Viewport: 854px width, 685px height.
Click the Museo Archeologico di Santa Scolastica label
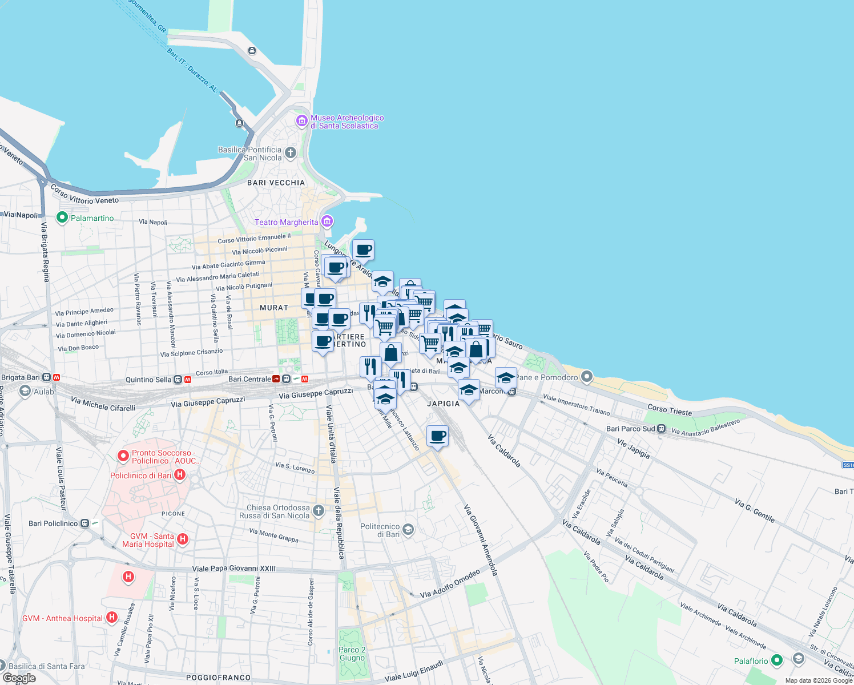tap(347, 122)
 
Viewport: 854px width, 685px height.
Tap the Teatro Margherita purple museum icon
tap(327, 221)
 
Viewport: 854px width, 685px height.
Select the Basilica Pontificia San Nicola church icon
tap(291, 152)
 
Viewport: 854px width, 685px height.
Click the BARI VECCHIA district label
tap(276, 183)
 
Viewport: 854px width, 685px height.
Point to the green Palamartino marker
tap(62, 217)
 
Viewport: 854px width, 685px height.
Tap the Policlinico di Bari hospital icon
tap(180, 474)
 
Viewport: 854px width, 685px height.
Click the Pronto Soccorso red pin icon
tap(123, 456)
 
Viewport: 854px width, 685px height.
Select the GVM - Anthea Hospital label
tap(63, 618)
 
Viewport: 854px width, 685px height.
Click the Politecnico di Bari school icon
tap(408, 529)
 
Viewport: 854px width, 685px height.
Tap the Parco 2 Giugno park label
tap(352, 654)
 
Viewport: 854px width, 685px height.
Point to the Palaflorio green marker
tap(776, 660)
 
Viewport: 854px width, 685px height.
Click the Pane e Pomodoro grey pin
tap(586, 377)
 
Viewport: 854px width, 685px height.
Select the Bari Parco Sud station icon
tap(661, 429)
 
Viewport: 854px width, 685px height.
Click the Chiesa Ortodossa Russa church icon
tap(319, 510)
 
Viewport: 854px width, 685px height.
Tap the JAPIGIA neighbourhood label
tap(444, 404)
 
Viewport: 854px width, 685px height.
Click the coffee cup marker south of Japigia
tap(437, 437)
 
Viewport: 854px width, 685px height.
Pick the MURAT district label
tap(274, 308)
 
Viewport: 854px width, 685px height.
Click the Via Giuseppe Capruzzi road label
tap(316, 393)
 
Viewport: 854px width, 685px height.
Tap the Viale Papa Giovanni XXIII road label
tap(234, 569)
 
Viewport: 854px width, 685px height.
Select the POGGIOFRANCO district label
tap(219, 678)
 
